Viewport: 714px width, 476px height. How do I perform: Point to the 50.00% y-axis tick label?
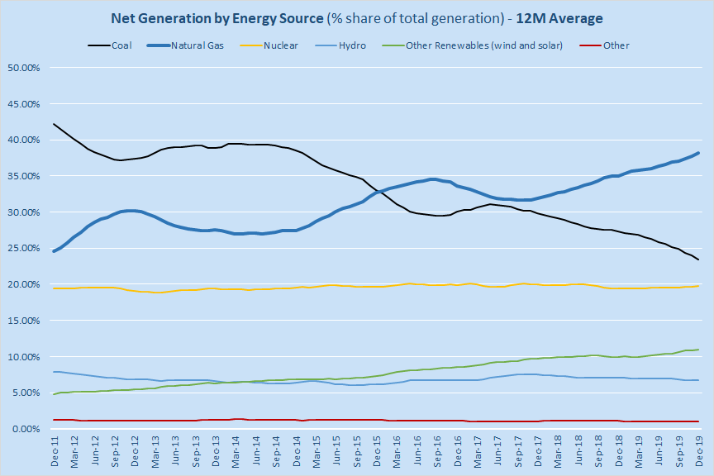tap(24, 68)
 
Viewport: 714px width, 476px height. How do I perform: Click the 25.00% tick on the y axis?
tap(24, 248)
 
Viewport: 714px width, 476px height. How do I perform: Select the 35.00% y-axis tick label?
tap(24, 176)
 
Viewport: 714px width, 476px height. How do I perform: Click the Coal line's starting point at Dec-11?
tap(54, 124)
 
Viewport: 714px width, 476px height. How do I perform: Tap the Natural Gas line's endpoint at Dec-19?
tap(699, 153)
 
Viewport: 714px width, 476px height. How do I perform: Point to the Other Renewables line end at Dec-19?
tap(699, 350)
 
